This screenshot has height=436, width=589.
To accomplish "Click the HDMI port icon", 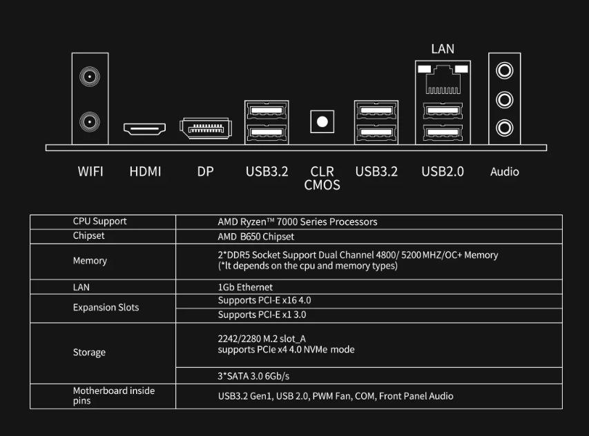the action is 144,128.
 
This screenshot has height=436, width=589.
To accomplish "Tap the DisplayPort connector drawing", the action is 205,128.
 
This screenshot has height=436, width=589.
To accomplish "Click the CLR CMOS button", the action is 321,122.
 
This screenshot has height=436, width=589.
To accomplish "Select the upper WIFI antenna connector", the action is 88,76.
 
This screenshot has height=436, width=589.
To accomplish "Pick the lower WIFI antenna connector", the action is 88,123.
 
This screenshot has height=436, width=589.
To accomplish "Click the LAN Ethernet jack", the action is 443,80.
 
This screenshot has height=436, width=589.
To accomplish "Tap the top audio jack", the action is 505,70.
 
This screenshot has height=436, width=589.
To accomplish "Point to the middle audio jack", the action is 505,99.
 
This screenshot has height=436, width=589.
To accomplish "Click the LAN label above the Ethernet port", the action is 443,49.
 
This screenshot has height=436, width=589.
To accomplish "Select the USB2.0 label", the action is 443,172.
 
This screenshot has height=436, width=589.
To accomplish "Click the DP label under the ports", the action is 205,172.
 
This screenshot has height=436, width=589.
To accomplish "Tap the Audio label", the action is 504,172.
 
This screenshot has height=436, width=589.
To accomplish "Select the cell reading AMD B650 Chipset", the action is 255,237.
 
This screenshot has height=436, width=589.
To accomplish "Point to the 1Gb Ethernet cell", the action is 245,287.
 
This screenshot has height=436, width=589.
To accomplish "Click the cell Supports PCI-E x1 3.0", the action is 262,315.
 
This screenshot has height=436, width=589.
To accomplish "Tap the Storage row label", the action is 89,353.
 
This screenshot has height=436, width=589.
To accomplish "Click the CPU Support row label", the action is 99,221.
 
